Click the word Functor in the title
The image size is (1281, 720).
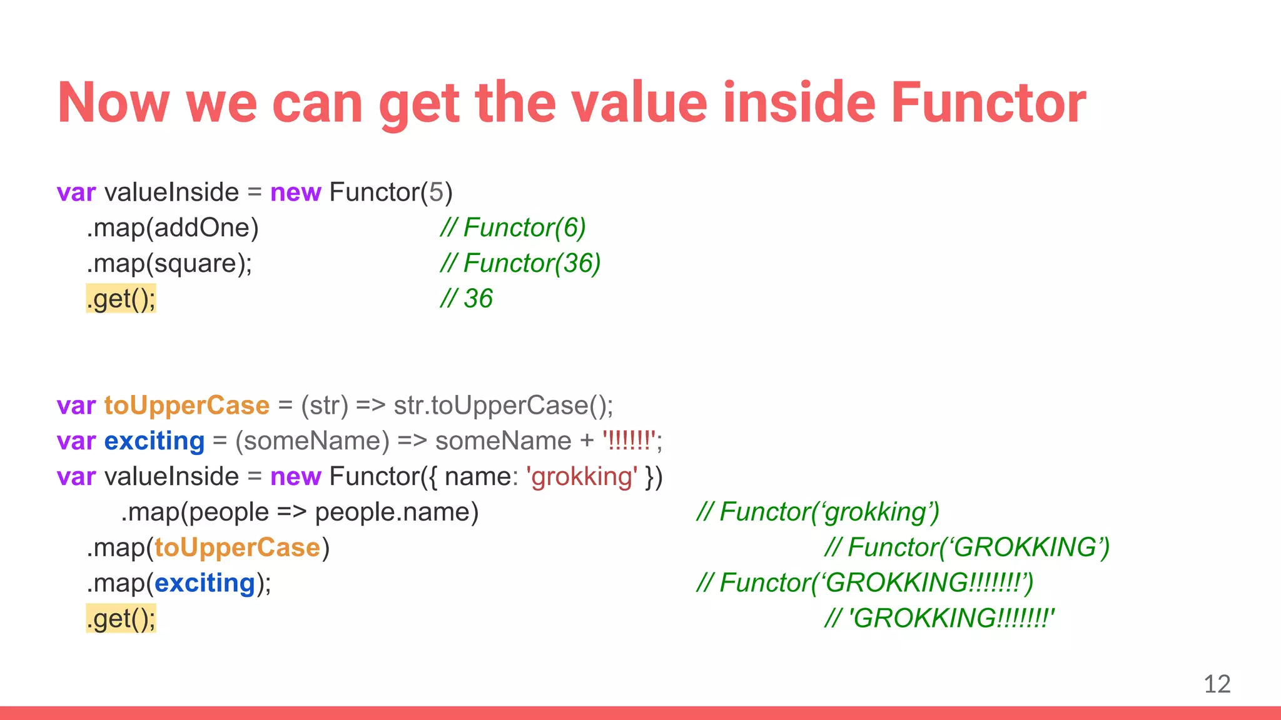pos(988,103)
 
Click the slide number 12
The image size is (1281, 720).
pos(1217,684)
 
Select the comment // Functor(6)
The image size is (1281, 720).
pos(512,227)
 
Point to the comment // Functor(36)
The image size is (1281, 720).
pos(520,263)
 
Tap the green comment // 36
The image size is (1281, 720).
pos(466,299)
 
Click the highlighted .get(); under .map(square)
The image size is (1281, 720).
pos(121,299)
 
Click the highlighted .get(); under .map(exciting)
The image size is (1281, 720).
pos(121,619)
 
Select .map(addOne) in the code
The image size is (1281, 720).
pos(173,227)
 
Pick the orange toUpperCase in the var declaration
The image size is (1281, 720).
pos(186,406)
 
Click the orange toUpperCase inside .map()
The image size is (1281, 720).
pos(237,547)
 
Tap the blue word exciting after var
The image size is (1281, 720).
pos(154,441)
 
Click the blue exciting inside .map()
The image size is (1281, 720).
pos(205,583)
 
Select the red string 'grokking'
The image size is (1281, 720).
pos(582,477)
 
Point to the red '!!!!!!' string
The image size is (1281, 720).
pos(629,441)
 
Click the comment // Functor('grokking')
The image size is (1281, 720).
pos(818,512)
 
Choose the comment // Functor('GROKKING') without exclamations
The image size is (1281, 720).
pos(966,547)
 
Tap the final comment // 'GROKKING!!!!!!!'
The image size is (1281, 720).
pos(939,619)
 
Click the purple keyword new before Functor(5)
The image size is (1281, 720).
pos(295,192)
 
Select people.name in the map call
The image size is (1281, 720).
pos(396,512)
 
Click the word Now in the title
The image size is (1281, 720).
pos(113,103)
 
